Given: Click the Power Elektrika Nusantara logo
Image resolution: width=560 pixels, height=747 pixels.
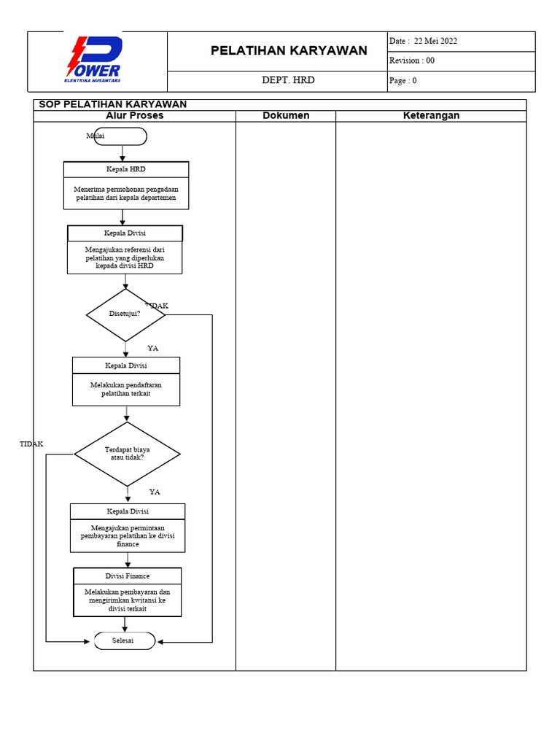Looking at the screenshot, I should pyautogui.click(x=93, y=61).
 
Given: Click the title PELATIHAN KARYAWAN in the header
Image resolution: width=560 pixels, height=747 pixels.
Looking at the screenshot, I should pyautogui.click(x=289, y=51).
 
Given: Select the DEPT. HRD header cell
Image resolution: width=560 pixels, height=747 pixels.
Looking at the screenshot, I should pyautogui.click(x=288, y=80).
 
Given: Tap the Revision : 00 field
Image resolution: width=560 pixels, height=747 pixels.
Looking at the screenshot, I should pyautogui.click(x=413, y=61).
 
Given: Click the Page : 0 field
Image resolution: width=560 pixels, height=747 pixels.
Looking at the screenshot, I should pyautogui.click(x=403, y=81).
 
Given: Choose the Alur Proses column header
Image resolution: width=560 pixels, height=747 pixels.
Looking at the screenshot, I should pyautogui.click(x=135, y=116).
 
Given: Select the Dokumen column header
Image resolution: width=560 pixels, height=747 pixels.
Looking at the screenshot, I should pyautogui.click(x=286, y=116).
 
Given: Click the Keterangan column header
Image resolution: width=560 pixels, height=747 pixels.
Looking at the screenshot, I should pyautogui.click(x=431, y=116).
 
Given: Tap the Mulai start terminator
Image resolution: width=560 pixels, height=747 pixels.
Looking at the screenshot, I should pyautogui.click(x=120, y=136).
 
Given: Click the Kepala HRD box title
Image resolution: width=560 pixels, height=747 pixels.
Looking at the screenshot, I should pyautogui.click(x=126, y=169).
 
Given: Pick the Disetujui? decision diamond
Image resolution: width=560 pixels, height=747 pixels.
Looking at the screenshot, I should pyautogui.click(x=125, y=314).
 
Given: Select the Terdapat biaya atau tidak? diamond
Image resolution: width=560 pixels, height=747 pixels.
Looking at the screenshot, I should pyautogui.click(x=128, y=454).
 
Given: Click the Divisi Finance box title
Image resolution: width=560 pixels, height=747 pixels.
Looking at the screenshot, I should pyautogui.click(x=128, y=576).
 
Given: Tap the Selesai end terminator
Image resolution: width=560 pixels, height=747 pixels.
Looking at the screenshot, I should pyautogui.click(x=124, y=640).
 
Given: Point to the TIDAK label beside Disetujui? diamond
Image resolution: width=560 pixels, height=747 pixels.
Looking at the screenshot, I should pyautogui.click(x=157, y=306).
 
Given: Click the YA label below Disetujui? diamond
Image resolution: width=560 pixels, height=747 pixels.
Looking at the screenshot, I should pyautogui.click(x=152, y=349).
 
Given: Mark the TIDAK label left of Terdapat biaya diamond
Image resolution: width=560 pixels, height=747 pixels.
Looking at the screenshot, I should pyautogui.click(x=31, y=444).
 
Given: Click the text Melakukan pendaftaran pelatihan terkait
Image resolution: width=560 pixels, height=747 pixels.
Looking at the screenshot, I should pyautogui.click(x=126, y=390).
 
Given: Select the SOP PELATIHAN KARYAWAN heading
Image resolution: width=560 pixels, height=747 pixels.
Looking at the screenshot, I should pyautogui.click(x=112, y=104).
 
